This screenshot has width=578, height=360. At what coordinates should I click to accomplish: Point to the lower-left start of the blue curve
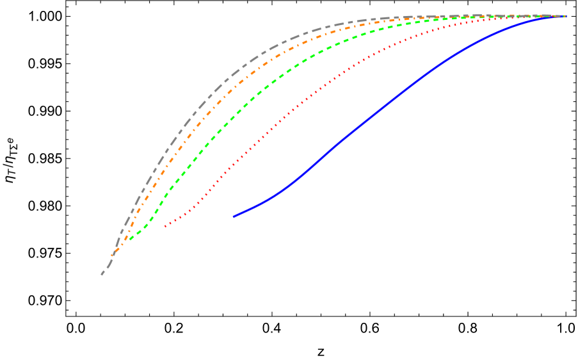point(234,217)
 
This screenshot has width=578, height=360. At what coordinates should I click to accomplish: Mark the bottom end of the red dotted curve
point(165,226)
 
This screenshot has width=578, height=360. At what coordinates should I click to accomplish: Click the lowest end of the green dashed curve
point(129,240)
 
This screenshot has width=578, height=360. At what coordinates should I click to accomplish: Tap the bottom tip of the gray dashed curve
point(102,275)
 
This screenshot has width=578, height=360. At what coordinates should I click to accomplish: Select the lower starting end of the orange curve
point(112,256)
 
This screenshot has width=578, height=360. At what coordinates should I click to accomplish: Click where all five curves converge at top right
point(563,16)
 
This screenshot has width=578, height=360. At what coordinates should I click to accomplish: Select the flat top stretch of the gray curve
point(448,16)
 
